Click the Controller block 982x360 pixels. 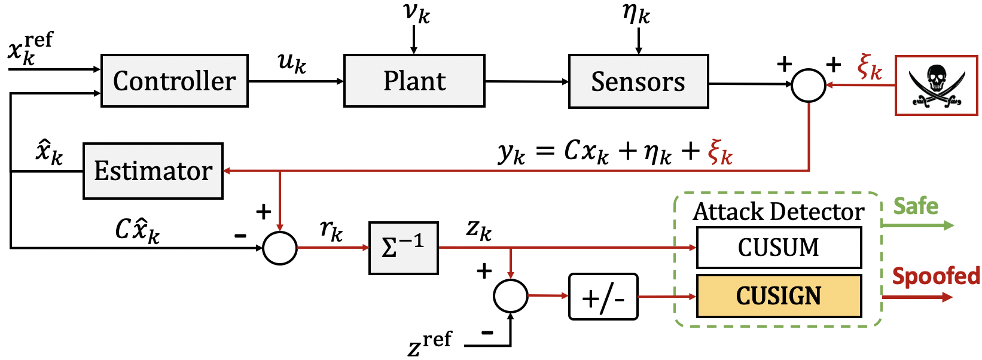pyautogui.click(x=174, y=81)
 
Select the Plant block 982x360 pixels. pyautogui.click(x=414, y=81)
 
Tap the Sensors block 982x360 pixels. pyautogui.click(x=638, y=82)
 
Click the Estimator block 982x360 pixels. pyautogui.click(x=153, y=171)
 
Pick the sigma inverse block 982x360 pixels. pyautogui.click(x=404, y=248)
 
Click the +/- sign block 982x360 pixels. pyautogui.click(x=603, y=297)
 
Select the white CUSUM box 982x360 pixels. pyautogui.click(x=779, y=248)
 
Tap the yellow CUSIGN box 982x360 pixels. pyautogui.click(x=779, y=296)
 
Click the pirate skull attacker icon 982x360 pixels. pyautogui.click(x=936, y=86)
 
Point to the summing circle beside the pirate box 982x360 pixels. pyautogui.click(x=809, y=84)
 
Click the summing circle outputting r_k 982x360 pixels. pyautogui.click(x=280, y=248)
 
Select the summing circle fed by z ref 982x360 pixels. pyautogui.click(x=510, y=295)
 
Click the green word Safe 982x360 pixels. pyautogui.click(x=916, y=206)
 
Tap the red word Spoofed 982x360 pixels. pyautogui.click(x=936, y=276)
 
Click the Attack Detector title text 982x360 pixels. pyautogui.click(x=778, y=212)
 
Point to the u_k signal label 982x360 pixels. pyautogui.click(x=292, y=63)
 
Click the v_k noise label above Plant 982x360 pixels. pyautogui.click(x=416, y=13)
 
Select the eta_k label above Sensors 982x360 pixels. pyautogui.click(x=636, y=13)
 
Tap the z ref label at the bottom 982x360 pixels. pyautogui.click(x=430, y=344)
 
